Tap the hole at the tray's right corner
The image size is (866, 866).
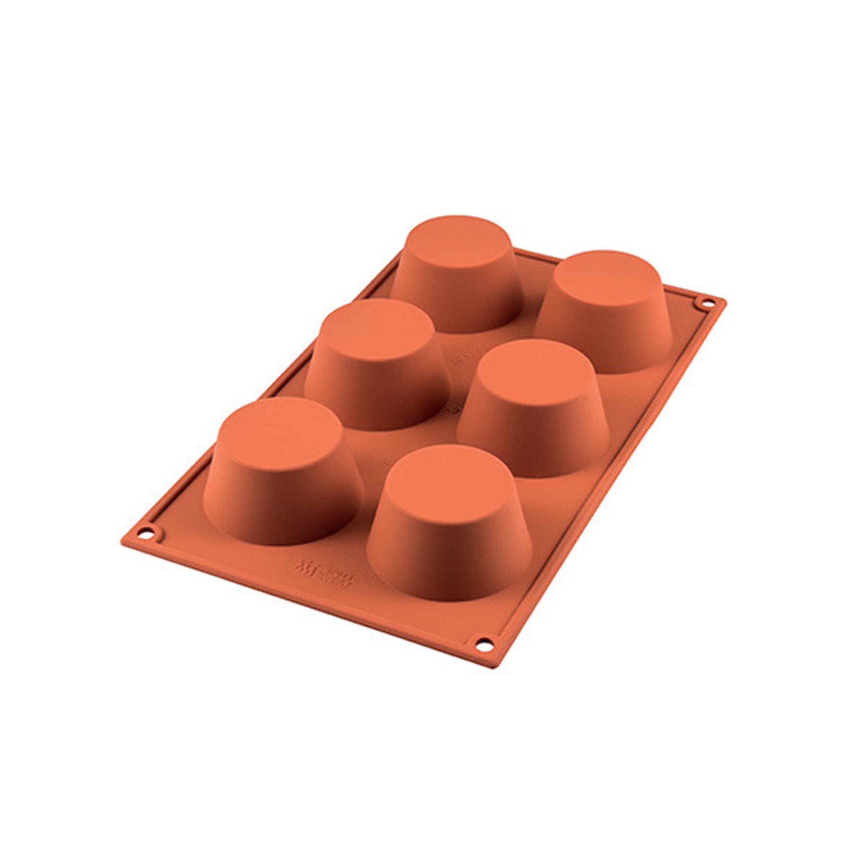click(709, 304)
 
